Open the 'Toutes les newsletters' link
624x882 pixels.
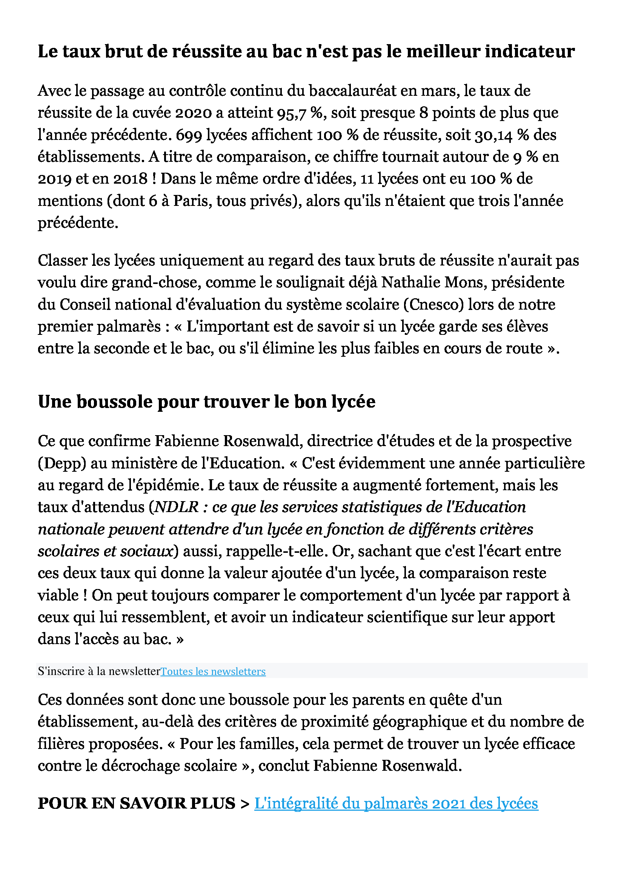[x=213, y=671]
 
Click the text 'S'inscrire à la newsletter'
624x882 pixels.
[x=99, y=671]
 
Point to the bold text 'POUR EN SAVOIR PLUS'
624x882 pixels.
[x=137, y=803]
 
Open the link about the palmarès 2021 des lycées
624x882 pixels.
[x=396, y=803]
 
